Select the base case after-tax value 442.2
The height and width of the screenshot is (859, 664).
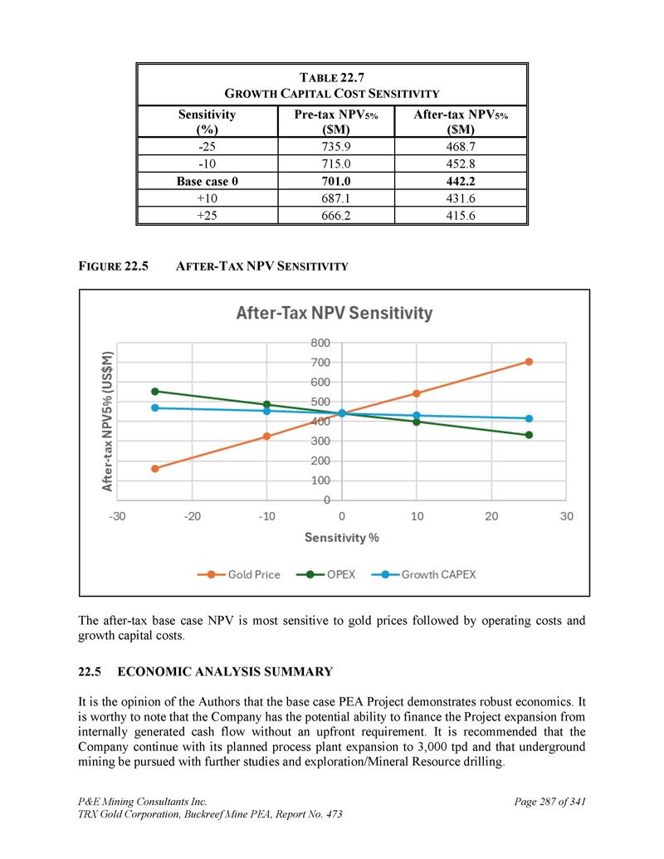tap(460, 181)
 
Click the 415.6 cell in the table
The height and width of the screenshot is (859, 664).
tap(460, 215)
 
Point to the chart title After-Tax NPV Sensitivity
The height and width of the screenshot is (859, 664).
tap(334, 314)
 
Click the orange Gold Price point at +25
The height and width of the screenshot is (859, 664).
tap(529, 362)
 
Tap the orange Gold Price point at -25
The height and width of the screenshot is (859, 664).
tap(155, 468)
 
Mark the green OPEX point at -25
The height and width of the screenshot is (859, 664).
tap(155, 391)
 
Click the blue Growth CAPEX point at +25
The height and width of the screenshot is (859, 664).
tap(529, 418)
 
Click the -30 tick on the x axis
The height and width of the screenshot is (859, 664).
tap(117, 516)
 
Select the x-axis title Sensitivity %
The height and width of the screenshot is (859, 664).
tap(342, 537)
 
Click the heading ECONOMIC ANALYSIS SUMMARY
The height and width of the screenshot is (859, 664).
tap(226, 671)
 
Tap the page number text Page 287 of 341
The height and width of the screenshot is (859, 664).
tap(550, 802)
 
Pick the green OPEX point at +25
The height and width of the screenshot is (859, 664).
tap(529, 435)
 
